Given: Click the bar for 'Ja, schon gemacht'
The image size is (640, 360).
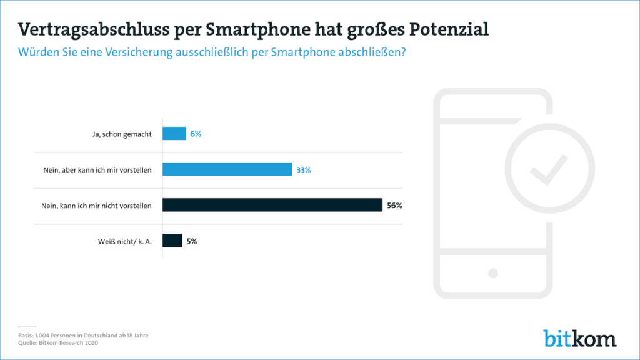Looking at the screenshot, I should click(x=174, y=133).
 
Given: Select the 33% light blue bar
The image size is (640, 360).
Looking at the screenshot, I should click(x=227, y=169).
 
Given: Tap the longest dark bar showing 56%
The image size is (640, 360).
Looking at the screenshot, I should click(x=272, y=205).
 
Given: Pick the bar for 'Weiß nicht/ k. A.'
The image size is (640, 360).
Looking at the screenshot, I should click(x=172, y=241).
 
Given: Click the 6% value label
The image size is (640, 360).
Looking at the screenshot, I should click(x=196, y=134).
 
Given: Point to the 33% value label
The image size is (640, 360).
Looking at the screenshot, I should click(x=304, y=169).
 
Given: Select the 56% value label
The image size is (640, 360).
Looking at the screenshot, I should click(x=394, y=205).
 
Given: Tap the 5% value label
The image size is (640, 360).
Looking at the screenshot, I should click(x=192, y=241).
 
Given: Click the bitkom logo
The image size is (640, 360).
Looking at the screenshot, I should click(x=579, y=337).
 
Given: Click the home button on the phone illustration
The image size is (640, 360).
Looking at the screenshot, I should click(x=493, y=273).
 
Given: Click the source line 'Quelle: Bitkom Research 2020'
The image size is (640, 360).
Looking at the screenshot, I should click(x=58, y=342).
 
